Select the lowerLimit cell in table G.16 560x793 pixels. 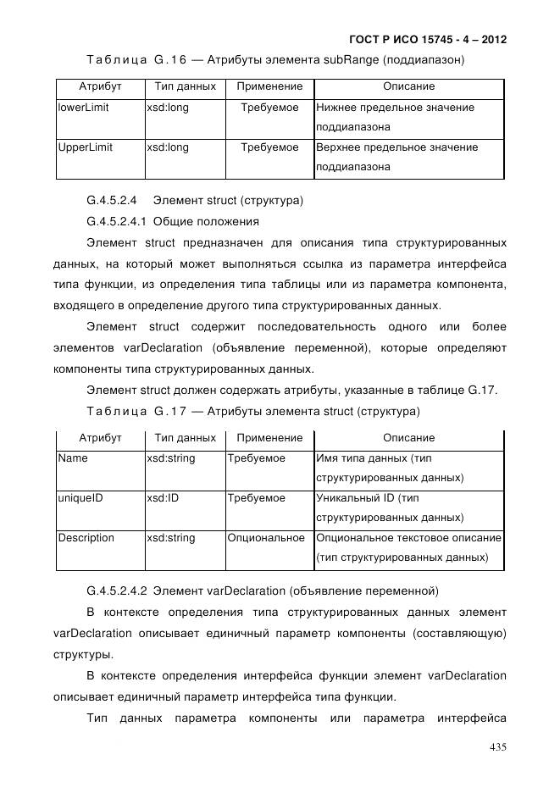83,108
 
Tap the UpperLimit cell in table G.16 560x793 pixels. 85,147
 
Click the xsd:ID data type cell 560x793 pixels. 163,498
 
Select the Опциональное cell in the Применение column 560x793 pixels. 266,538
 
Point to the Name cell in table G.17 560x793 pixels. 73,458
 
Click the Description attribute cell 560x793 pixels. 86,538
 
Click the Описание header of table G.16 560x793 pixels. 408,86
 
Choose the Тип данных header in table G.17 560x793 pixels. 185,438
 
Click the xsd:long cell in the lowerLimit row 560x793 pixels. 168,108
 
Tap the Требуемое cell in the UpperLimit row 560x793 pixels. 269,147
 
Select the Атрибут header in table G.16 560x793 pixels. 100,86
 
